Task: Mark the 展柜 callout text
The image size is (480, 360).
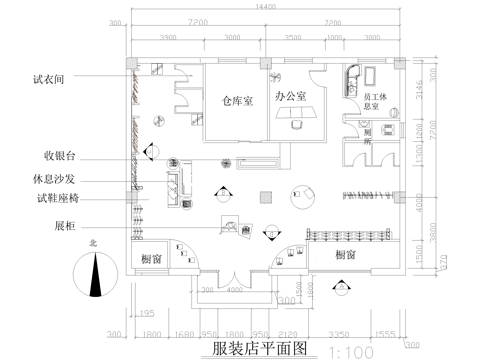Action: [66, 225]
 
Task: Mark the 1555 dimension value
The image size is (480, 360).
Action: [385, 334]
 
